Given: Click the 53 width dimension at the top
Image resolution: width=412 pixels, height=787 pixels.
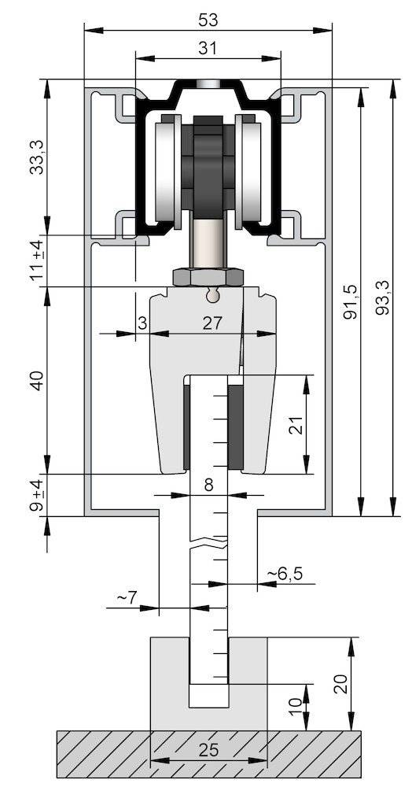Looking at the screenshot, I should point(208,17).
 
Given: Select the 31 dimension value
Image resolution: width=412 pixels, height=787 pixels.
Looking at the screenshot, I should point(208,47).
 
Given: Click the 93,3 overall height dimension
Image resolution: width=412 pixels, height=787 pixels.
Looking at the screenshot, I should point(381,300).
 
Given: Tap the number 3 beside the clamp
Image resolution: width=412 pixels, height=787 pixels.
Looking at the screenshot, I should point(142,322).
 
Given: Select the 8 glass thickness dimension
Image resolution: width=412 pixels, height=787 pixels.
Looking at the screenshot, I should point(208,485).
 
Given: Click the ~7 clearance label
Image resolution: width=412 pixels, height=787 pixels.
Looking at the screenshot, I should point(127,598).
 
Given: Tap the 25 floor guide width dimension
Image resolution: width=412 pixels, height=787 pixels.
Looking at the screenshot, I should point(208,750).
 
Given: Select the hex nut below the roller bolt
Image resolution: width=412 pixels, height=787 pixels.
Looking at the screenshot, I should point(208,276).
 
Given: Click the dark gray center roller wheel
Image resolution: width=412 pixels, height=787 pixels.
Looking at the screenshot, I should point(208,165).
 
